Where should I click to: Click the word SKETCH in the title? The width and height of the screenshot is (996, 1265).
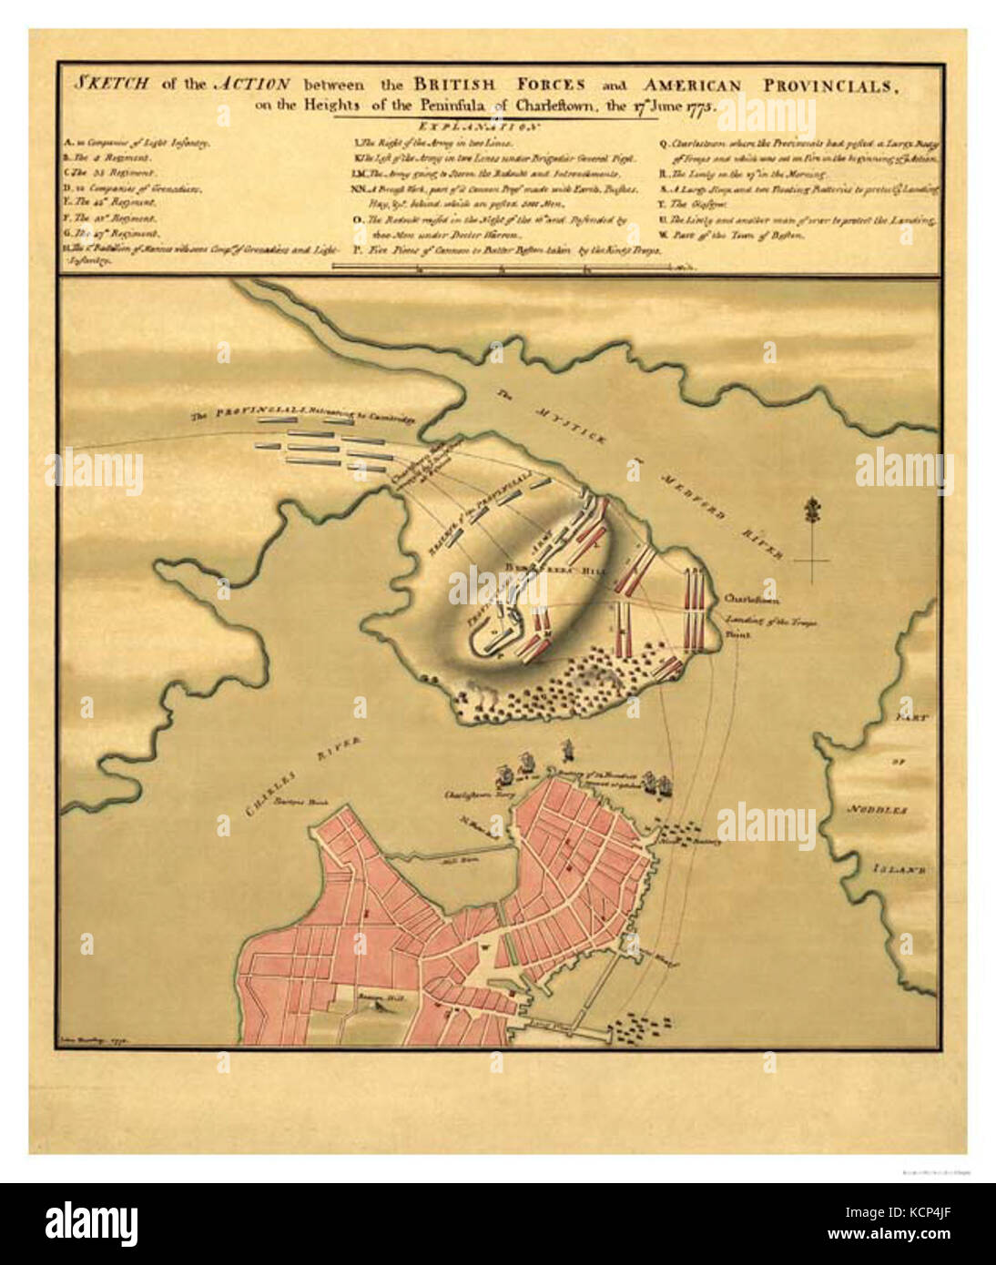tap(112, 85)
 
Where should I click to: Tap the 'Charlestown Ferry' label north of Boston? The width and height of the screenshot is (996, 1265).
tap(474, 794)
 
